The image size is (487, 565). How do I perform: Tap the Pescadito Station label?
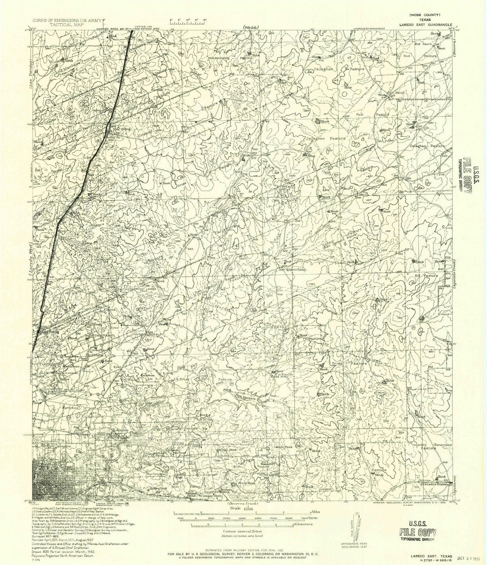[x=436, y=487]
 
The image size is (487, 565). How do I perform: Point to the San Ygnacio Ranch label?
[x=293, y=269]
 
